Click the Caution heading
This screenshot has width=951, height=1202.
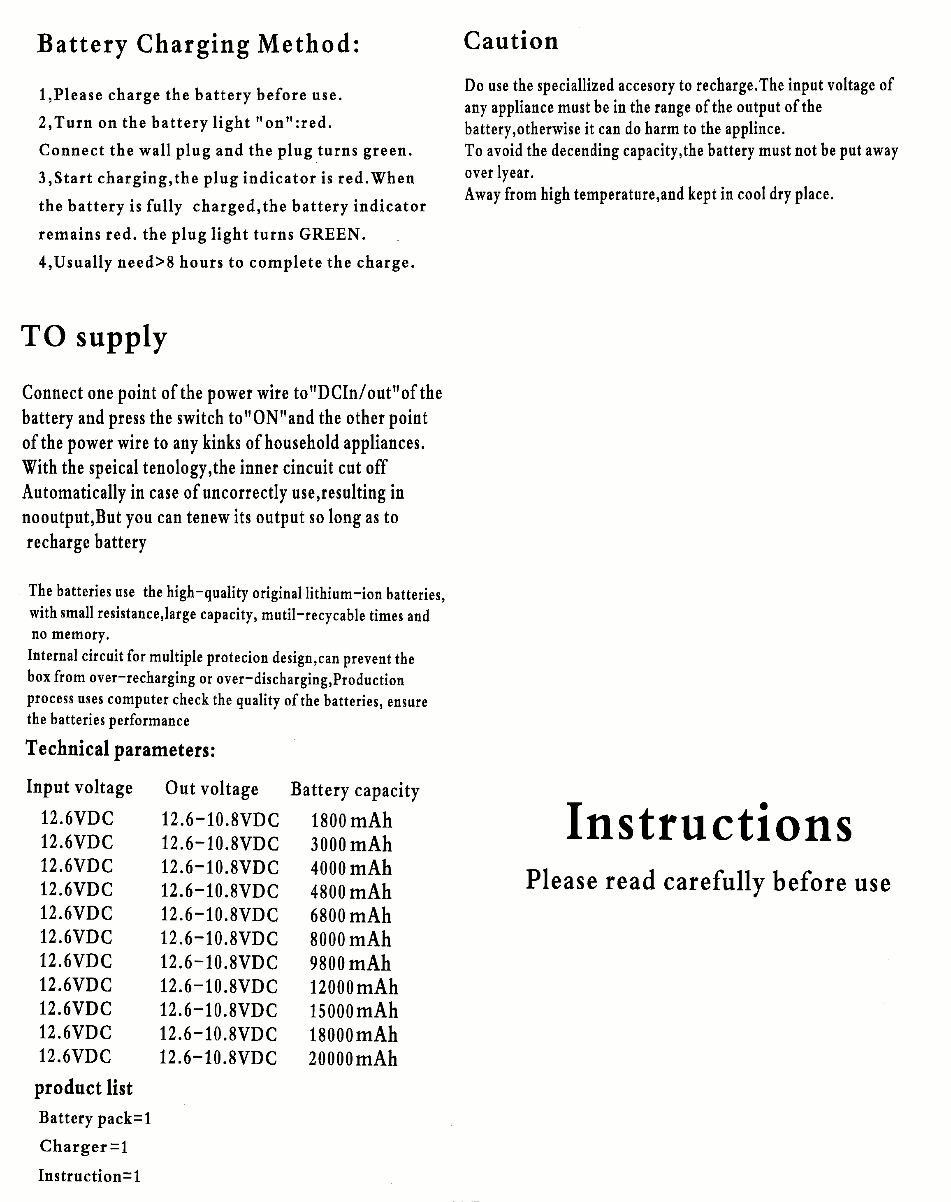click(510, 41)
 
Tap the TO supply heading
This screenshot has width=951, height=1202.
click(94, 337)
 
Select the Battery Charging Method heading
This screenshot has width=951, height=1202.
click(198, 44)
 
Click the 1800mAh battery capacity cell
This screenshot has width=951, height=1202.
click(351, 821)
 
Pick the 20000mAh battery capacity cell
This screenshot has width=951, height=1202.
click(353, 1059)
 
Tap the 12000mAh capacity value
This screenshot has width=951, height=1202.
click(354, 987)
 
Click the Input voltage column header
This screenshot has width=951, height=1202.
click(80, 787)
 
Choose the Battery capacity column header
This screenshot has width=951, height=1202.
click(355, 790)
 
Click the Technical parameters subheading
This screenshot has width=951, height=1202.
click(120, 749)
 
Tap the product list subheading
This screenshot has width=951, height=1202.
click(84, 1088)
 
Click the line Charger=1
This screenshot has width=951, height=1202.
click(84, 1147)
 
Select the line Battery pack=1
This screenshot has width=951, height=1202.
click(95, 1118)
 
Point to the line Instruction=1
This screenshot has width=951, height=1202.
click(89, 1176)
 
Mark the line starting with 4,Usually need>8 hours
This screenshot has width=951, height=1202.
click(227, 263)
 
